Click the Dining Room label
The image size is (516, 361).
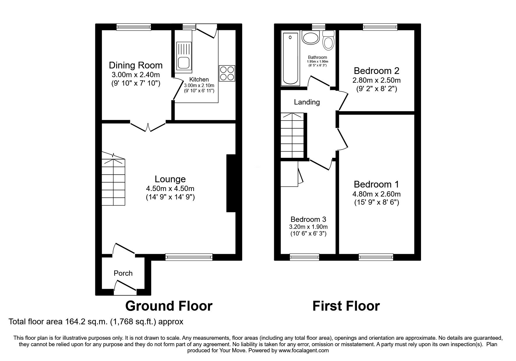click(x=135, y=65)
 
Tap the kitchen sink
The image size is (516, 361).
click(x=184, y=57)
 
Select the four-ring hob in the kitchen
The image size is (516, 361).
click(x=227, y=73)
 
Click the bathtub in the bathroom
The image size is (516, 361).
click(x=290, y=59)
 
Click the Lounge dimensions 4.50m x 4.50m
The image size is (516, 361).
click(x=170, y=188)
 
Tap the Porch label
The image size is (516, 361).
click(x=123, y=273)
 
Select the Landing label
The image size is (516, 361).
click(x=307, y=102)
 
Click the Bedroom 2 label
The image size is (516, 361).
click(x=376, y=71)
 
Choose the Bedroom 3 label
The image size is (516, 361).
click(x=308, y=219)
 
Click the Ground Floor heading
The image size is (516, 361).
click(x=169, y=306)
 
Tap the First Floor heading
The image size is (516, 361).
click(x=346, y=306)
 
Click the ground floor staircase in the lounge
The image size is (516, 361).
click(x=113, y=182)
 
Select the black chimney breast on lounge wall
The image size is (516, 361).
click(x=231, y=183)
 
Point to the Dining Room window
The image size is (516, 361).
click(x=134, y=27)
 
